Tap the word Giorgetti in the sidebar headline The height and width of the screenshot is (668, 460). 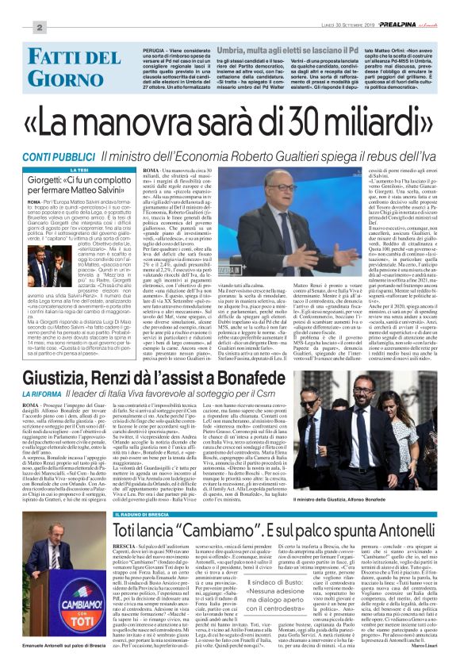coord(50,182)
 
